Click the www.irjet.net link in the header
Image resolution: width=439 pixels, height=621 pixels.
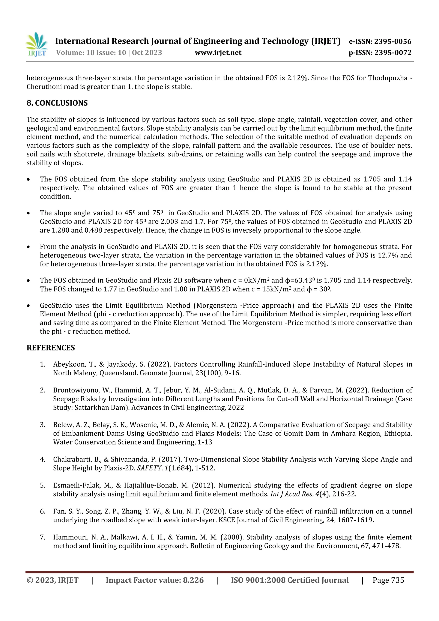click(218, 53)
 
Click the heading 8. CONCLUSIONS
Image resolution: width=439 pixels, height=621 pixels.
click(57, 103)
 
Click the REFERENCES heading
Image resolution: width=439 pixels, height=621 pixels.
click(51, 348)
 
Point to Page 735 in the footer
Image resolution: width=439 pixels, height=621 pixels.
click(388, 580)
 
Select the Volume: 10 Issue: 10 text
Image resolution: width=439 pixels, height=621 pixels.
click(91, 53)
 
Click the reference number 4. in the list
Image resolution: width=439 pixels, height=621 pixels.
click(43, 460)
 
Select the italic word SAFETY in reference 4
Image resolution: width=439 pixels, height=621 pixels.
click(149, 468)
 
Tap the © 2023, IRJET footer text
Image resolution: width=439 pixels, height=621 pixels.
click(53, 580)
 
